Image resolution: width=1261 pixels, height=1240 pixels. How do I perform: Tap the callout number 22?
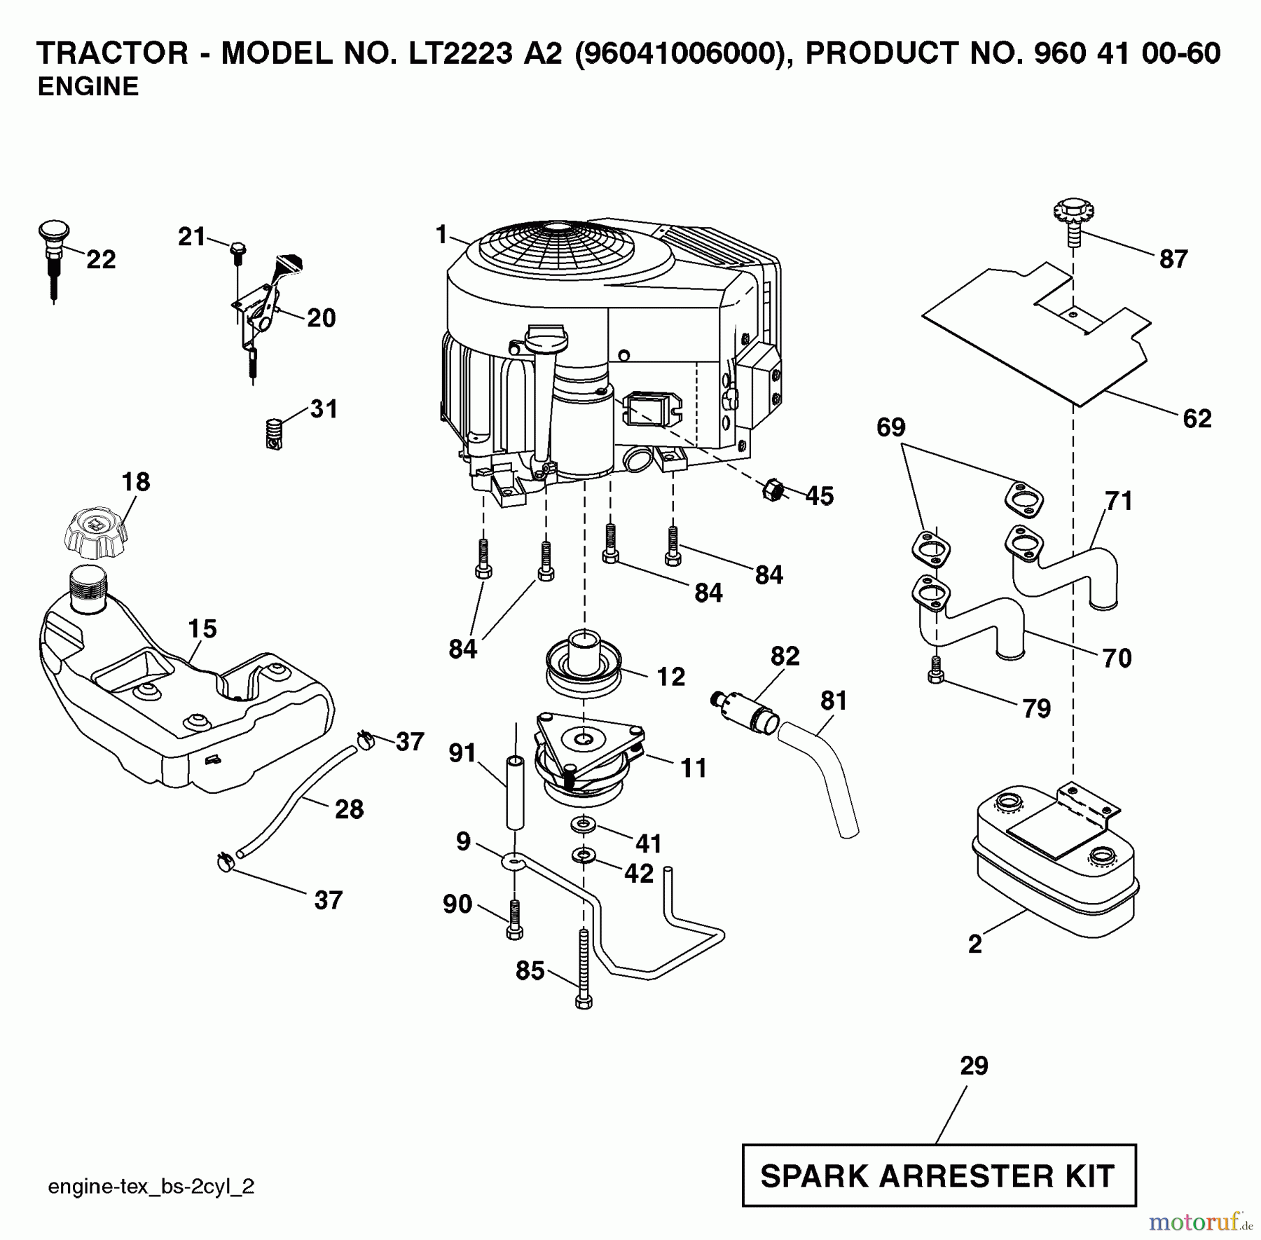pyautogui.click(x=101, y=260)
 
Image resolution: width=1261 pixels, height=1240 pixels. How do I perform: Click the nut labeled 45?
pyautogui.click(x=773, y=490)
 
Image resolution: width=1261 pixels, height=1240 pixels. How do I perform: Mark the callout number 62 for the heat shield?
pyautogui.click(x=1197, y=419)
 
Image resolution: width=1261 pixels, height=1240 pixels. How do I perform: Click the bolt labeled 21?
pyautogui.click(x=237, y=252)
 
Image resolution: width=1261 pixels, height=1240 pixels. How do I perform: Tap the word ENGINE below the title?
pyautogui.click(x=88, y=87)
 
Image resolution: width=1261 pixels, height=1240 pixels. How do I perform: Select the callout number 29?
pyautogui.click(x=974, y=1066)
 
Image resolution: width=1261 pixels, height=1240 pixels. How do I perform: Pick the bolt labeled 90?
pyautogui.click(x=514, y=918)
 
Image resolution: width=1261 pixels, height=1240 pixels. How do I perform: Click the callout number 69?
pyautogui.click(x=890, y=427)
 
